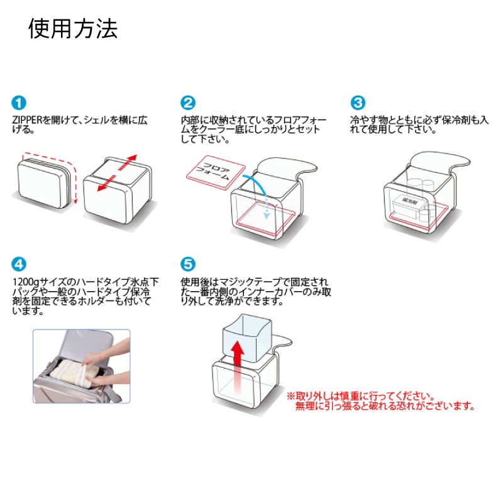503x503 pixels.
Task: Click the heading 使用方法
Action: click(x=73, y=28)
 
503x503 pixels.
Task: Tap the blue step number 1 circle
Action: click(x=19, y=103)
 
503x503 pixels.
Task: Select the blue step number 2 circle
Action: click(x=187, y=103)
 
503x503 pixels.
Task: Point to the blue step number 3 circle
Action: click(x=358, y=103)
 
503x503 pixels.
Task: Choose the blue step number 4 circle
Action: click(x=19, y=264)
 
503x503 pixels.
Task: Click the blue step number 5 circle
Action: click(x=187, y=264)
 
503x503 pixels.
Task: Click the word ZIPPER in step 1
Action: click(x=27, y=120)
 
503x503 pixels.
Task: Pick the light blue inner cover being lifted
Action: click(x=247, y=338)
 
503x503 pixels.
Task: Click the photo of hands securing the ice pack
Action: click(x=82, y=366)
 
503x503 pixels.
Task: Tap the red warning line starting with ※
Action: click(x=360, y=396)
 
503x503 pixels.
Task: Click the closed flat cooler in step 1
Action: click(x=44, y=182)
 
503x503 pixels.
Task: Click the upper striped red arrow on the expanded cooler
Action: click(x=128, y=163)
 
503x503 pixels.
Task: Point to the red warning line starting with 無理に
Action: click(x=385, y=406)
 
